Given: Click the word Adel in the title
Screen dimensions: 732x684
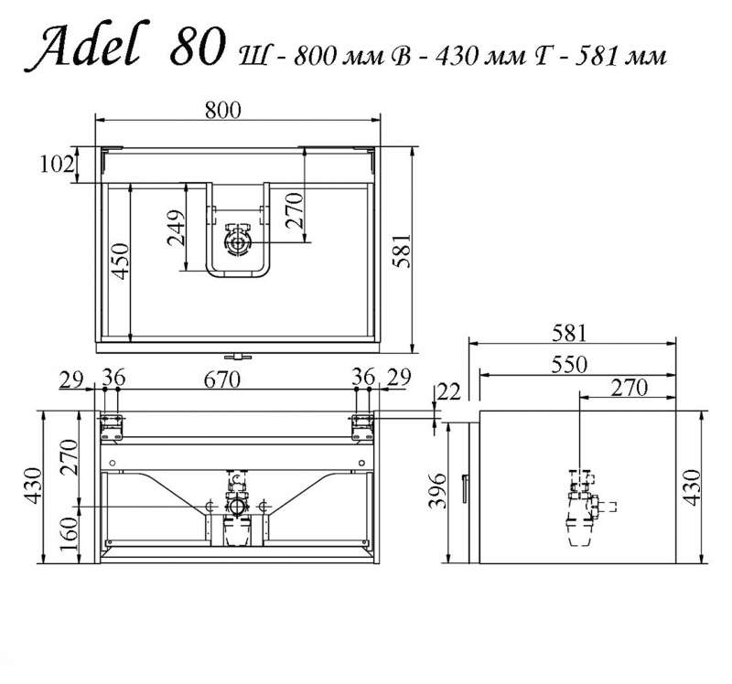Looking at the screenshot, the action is [x=88, y=46].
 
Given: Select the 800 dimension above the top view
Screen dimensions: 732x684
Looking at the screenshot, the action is [x=223, y=110].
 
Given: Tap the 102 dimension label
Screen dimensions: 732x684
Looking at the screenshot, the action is [x=57, y=164].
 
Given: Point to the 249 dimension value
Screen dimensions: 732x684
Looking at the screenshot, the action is [x=177, y=228].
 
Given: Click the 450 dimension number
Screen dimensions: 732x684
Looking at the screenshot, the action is [x=121, y=262].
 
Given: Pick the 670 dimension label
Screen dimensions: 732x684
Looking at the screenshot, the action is [x=222, y=379].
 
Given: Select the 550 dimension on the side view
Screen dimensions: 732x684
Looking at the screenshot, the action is [x=568, y=364].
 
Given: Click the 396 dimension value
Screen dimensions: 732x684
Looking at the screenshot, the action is [x=438, y=490].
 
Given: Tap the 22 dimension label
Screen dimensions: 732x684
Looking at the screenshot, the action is [x=449, y=391].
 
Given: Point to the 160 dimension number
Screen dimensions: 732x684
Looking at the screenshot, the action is [x=70, y=534].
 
